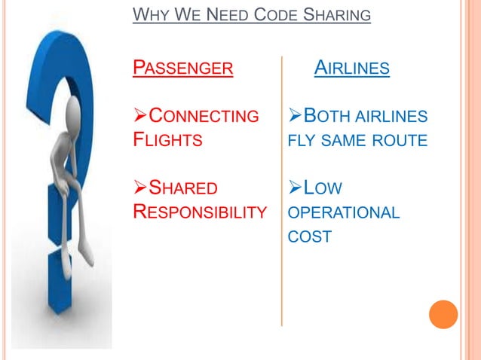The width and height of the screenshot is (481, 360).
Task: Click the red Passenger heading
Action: click(x=182, y=70)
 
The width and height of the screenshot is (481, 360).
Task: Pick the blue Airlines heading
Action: click(x=352, y=70)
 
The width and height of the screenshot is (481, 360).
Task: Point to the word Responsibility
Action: click(x=200, y=211)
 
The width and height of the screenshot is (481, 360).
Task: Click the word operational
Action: click(x=344, y=213)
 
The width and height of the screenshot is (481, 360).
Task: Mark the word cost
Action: click(x=310, y=236)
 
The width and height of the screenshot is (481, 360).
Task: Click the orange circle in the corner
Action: click(x=443, y=313)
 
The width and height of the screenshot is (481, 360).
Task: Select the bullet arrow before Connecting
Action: click(x=139, y=117)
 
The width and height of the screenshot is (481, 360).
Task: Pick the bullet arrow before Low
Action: click(x=296, y=188)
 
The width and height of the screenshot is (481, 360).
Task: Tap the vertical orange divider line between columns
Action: click(x=282, y=188)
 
